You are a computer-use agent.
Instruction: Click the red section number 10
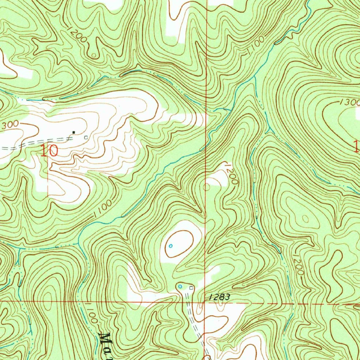pyautogui.click(x=49, y=151)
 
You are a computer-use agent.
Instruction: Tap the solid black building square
pyautogui.click(x=73, y=132)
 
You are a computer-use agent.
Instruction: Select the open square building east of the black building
pyautogui.click(x=85, y=137)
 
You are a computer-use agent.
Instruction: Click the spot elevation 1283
pyautogui.click(x=218, y=297)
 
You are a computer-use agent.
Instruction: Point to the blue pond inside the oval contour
pyautogui.click(x=171, y=245)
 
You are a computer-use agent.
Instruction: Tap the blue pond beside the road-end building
pyautogui.click(x=180, y=287)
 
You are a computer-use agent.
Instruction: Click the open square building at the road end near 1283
pyautogui.click(x=191, y=288)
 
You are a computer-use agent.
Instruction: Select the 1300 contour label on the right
pyautogui.click(x=349, y=103)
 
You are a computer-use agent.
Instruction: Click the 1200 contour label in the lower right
pyautogui.click(x=298, y=264)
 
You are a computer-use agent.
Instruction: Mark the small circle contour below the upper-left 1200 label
pyautogui.click(x=94, y=56)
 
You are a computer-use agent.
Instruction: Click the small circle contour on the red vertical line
pyautogui.click(x=206, y=187)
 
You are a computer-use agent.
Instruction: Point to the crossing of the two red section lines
pyautogui.click(x=205, y=302)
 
